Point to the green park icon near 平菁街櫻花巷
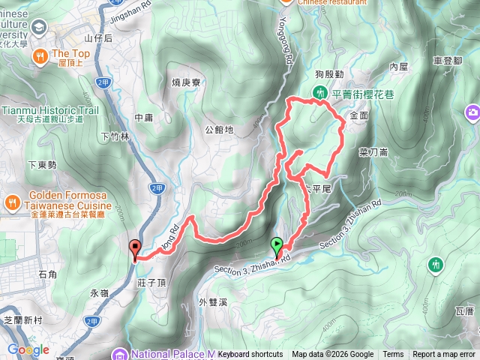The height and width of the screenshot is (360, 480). pos(320,94)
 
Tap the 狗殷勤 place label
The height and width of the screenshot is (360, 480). pos(329,74)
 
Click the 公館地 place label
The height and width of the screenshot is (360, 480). pos(219,129)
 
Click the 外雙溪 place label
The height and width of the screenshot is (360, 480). pos(213,302)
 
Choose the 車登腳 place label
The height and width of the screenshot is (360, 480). pos(447,61)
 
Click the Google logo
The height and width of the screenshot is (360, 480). pos(28,349)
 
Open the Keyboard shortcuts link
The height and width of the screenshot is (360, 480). pos(250,355)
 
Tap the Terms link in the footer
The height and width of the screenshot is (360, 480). pos(393,355)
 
